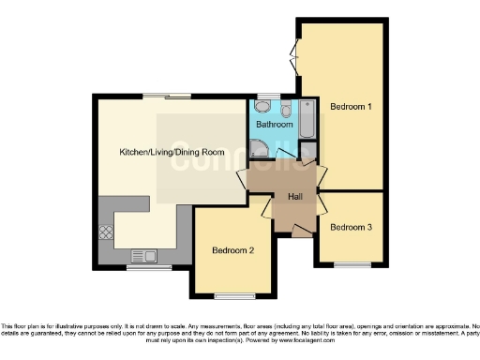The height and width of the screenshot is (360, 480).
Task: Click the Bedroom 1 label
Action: click(x=352, y=107)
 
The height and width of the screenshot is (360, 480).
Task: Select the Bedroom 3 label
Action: click(x=352, y=227)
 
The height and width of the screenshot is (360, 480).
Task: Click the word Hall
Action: click(x=295, y=196)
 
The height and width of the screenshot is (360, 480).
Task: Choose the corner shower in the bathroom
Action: click(x=258, y=147)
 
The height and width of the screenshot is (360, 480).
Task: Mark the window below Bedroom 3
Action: click(x=352, y=264)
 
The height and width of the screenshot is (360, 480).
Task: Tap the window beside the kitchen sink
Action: click(x=144, y=268)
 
